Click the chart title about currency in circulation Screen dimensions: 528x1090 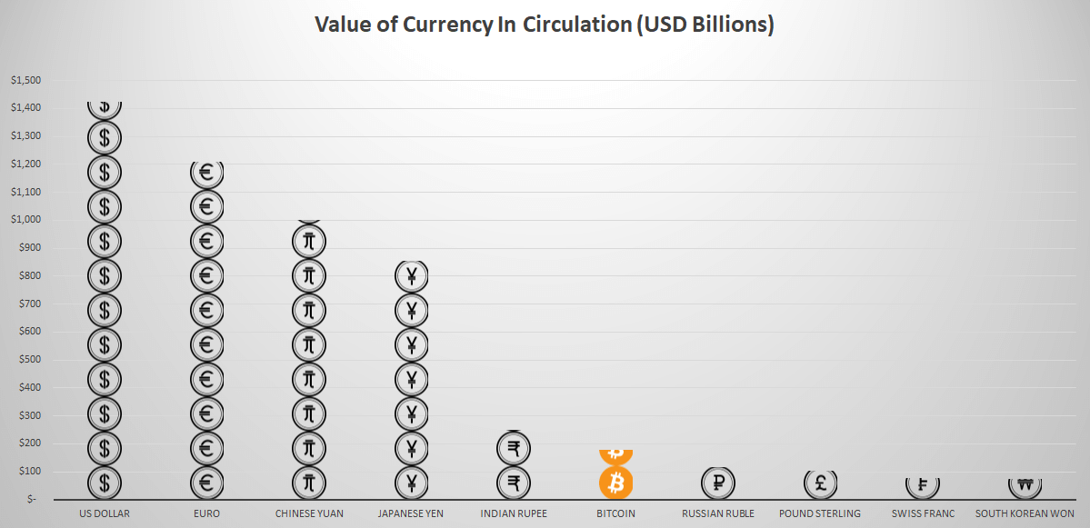(x=545, y=25)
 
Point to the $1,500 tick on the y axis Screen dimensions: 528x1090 (x=26, y=80)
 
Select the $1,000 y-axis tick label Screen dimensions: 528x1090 (x=26, y=220)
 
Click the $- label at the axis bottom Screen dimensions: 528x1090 (x=34, y=500)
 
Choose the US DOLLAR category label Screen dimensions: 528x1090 (x=105, y=513)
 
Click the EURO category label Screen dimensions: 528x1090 (x=206, y=513)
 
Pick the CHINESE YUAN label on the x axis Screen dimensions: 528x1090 (x=309, y=513)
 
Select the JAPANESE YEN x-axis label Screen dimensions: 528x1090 (x=411, y=513)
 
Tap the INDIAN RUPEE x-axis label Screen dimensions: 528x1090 (x=514, y=513)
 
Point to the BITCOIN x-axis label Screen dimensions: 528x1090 (x=615, y=513)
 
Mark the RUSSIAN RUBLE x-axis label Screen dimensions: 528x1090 (x=718, y=513)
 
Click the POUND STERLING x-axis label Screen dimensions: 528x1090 (x=820, y=513)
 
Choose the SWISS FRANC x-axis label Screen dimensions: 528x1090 (x=923, y=513)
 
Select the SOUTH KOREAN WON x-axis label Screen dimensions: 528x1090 (x=1025, y=513)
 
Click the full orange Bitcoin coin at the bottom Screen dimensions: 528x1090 (x=615, y=483)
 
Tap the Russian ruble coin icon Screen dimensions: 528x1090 (x=718, y=483)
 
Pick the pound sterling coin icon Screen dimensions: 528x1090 (x=820, y=483)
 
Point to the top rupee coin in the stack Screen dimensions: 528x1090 (x=514, y=448)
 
